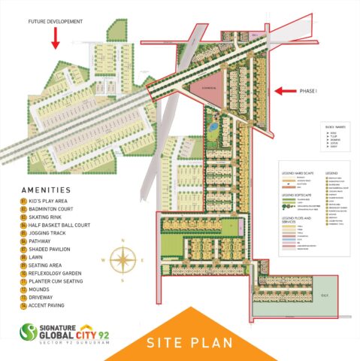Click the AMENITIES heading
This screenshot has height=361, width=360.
46,190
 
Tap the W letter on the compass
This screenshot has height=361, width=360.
105,259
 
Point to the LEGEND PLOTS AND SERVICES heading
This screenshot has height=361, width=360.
297,219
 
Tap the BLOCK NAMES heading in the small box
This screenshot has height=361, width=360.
314,128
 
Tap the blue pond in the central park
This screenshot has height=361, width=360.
213,129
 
